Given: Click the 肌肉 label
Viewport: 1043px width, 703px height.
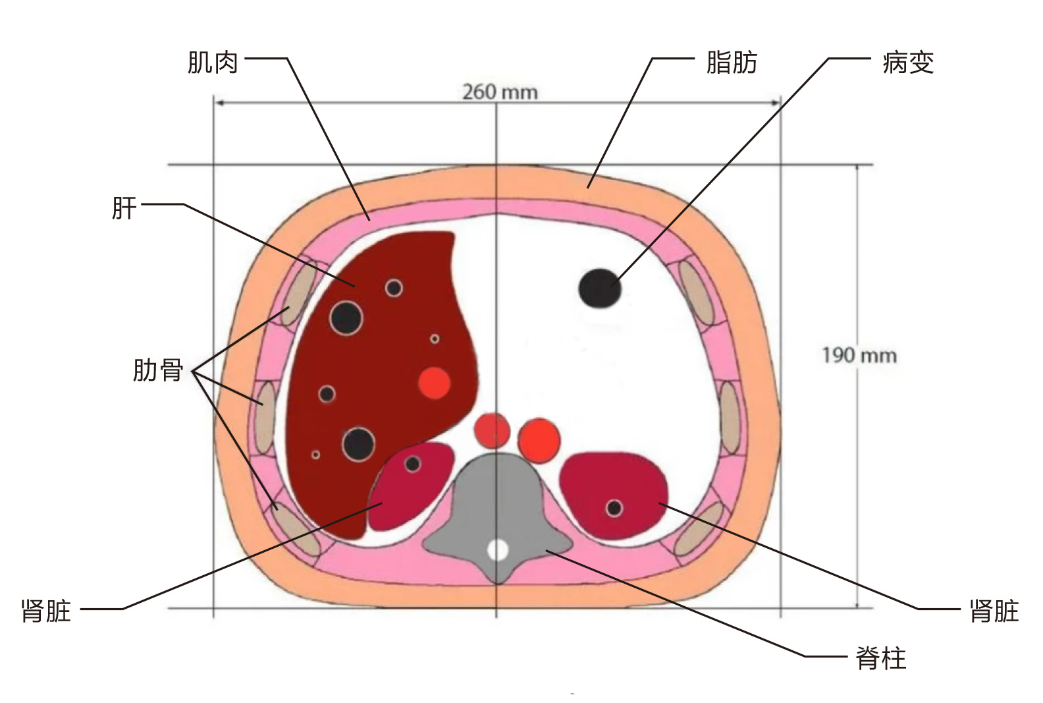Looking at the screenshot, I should [x=213, y=63].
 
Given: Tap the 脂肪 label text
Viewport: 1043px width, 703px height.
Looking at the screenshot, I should [x=732, y=63].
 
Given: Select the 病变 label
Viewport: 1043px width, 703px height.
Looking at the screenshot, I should [x=908, y=63].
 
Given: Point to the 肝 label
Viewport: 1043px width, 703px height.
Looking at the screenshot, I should [x=124, y=208].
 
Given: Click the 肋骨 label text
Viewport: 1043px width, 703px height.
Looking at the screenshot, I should [x=158, y=370].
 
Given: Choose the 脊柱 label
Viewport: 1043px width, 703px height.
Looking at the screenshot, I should [x=881, y=658].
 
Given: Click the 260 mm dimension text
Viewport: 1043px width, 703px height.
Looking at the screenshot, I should [x=500, y=92].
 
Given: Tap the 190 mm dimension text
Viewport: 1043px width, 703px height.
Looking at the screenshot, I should [x=859, y=356].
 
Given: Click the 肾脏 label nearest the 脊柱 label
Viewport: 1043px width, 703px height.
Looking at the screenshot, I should [x=994, y=611].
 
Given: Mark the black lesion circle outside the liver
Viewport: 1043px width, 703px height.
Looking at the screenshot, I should [x=600, y=288].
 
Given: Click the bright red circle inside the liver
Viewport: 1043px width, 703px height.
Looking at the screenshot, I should [x=435, y=383].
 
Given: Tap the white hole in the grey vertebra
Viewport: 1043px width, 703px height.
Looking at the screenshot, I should [x=498, y=549].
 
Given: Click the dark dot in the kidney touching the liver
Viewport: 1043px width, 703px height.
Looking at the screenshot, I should [x=413, y=464].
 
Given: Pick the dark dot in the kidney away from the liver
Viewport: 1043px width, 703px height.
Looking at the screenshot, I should [x=614, y=508].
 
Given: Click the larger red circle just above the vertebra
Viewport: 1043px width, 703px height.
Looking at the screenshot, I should [x=539, y=439].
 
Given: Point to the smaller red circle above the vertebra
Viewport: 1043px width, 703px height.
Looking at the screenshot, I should [x=493, y=431].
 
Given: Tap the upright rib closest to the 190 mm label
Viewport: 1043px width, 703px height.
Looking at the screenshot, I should [x=729, y=418].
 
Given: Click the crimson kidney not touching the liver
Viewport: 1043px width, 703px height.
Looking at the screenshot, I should [x=612, y=491].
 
